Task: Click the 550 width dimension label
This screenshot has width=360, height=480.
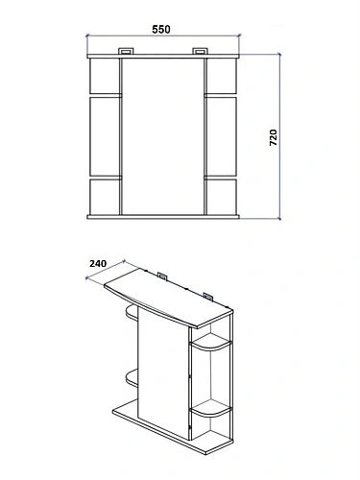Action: [x=161, y=29]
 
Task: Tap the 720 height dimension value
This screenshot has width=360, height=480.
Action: [x=274, y=137]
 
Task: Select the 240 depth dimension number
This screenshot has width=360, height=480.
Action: [x=98, y=264]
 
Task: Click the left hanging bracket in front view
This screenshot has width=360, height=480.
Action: [x=127, y=51]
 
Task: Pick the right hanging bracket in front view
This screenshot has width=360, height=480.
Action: [x=200, y=51]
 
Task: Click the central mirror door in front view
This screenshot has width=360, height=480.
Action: [x=163, y=136]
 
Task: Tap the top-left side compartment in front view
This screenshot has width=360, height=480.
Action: [x=105, y=76]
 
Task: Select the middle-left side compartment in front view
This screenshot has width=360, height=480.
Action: [x=105, y=136]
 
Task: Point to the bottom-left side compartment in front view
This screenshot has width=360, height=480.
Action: [x=105, y=197]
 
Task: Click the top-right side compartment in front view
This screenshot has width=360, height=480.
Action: [x=222, y=76]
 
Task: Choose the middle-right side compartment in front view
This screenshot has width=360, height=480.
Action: [x=222, y=136]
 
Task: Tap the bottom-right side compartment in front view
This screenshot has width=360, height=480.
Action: [x=222, y=197]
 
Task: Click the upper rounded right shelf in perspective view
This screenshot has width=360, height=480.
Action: [x=211, y=343]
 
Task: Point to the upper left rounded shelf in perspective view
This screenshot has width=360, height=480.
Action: [x=132, y=313]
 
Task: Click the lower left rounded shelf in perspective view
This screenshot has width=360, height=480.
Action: [x=132, y=378]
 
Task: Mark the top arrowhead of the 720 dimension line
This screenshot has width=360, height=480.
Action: [x=279, y=55]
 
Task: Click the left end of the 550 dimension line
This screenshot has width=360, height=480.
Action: [x=87, y=36]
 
